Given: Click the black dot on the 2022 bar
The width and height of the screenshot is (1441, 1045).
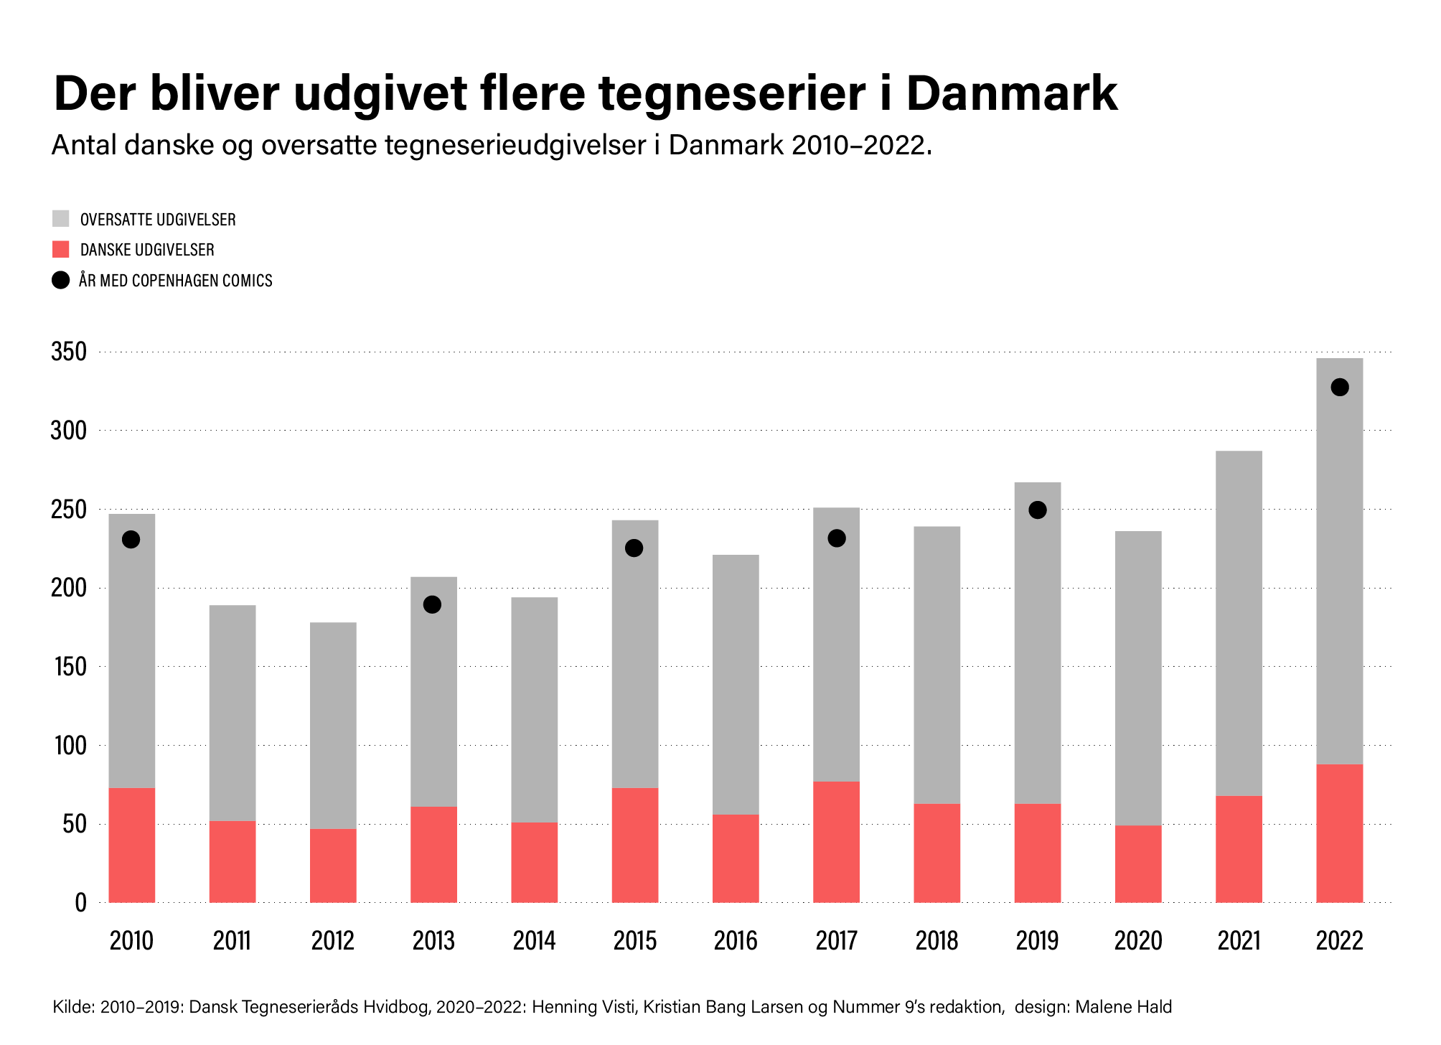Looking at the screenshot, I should tap(1339, 388).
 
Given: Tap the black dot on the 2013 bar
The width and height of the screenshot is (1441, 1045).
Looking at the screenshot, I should tap(432, 604).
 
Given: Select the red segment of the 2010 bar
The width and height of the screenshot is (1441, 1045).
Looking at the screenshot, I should tap(131, 845).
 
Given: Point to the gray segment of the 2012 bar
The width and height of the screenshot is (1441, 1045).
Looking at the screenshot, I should tap(333, 725).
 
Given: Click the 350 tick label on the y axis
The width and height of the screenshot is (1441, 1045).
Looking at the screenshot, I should tap(69, 352).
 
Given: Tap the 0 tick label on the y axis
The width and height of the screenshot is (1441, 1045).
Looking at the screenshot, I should tap(80, 903).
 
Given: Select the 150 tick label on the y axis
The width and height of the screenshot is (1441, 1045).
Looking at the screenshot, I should tap(69, 667).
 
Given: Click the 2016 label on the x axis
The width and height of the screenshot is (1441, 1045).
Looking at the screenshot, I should tap(736, 941).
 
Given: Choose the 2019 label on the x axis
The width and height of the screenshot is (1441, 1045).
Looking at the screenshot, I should tap(1037, 941).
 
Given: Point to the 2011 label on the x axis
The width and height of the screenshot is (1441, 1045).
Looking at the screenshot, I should tap(232, 941).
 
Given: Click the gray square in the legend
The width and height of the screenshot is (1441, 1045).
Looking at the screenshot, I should tap(61, 219).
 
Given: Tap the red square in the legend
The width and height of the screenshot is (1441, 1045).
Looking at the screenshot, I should tap(61, 250).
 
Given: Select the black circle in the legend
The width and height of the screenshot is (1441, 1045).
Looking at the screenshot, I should tap(61, 280).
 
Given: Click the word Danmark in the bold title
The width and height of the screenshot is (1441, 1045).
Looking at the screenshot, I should tap(1012, 93).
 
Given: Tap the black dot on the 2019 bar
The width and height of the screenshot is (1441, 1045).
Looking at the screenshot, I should tap(1037, 510).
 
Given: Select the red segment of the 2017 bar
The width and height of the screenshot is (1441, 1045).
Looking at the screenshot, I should tap(836, 842).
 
